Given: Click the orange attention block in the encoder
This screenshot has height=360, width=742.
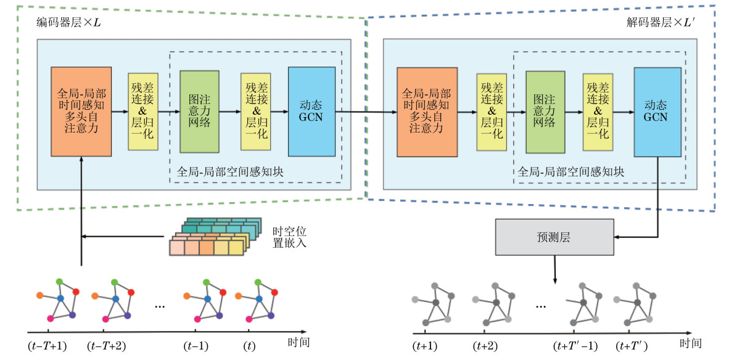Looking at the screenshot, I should coord(81,112).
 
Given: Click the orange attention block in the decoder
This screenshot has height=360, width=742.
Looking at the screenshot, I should coord(426,112).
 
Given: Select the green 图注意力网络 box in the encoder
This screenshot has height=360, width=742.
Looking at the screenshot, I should coord(199,112).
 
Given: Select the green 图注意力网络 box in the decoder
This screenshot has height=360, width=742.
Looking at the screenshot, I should coord(545,112).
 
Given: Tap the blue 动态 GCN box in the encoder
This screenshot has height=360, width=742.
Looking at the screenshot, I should coord(311,112).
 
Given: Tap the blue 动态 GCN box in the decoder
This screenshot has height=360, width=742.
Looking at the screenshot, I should coord(657,112).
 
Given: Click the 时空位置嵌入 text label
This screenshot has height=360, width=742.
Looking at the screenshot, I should coord(289,237).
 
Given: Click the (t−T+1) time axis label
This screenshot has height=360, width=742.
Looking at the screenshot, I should coord(48,345).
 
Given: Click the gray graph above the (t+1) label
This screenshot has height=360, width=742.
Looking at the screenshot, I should coord(432,303).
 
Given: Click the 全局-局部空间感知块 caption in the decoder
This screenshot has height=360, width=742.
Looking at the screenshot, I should coord(571,173).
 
